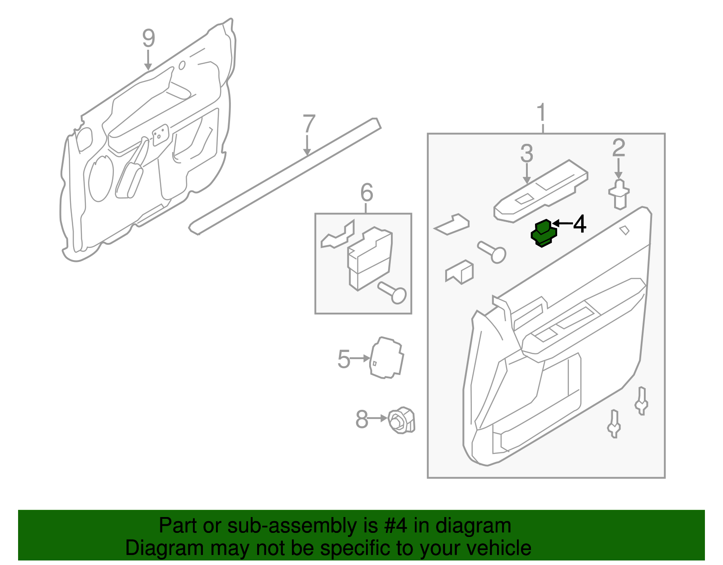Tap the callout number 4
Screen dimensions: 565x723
(579, 224)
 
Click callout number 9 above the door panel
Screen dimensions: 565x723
(148, 38)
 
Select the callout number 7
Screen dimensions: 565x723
(309, 123)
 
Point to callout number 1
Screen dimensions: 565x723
(541, 113)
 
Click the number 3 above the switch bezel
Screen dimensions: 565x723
(526, 154)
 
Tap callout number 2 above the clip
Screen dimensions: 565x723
(619, 147)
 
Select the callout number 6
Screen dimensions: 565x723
(366, 193)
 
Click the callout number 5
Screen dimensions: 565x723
(343, 359)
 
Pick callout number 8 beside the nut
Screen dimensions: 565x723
(362, 419)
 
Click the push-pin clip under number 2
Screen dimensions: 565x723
(619, 194)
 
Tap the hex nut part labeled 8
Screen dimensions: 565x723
(401, 420)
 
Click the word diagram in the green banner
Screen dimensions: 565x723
(473, 526)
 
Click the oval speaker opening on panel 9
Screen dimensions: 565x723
(101, 179)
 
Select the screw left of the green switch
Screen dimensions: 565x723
(492, 252)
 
